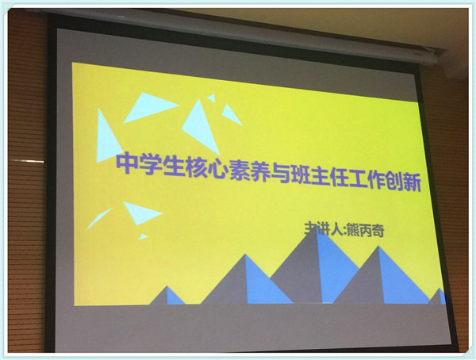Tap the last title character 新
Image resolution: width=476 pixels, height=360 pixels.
[411, 182]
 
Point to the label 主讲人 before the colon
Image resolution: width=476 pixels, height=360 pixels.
[323, 228]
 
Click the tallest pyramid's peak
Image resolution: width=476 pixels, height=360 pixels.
[317, 228]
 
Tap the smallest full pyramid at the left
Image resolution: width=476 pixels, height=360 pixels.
[167, 296]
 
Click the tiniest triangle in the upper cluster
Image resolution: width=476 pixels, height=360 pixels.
[212, 98]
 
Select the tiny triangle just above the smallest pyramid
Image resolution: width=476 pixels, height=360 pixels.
[142, 237]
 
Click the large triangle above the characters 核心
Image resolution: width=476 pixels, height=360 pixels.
[201, 127]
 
